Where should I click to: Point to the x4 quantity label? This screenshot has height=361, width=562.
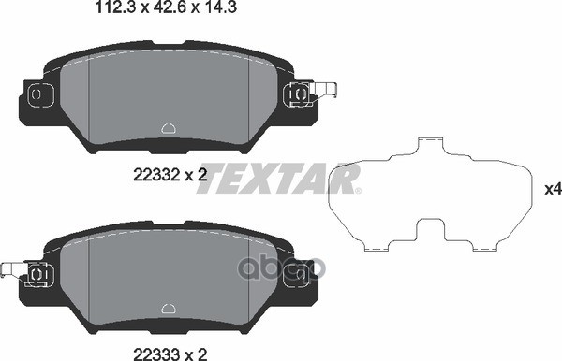(551, 190)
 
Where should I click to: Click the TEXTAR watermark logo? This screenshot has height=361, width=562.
(279, 178)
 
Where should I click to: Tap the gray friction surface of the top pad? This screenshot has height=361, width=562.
(168, 94)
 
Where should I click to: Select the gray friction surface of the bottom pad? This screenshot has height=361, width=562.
(168, 271)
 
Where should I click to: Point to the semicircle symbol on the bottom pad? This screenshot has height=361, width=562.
(169, 306)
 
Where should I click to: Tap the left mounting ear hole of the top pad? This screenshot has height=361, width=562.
(37, 94)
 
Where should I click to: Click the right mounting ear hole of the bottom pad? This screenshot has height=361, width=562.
(300, 272)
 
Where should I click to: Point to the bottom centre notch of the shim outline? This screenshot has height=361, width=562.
(431, 229)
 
